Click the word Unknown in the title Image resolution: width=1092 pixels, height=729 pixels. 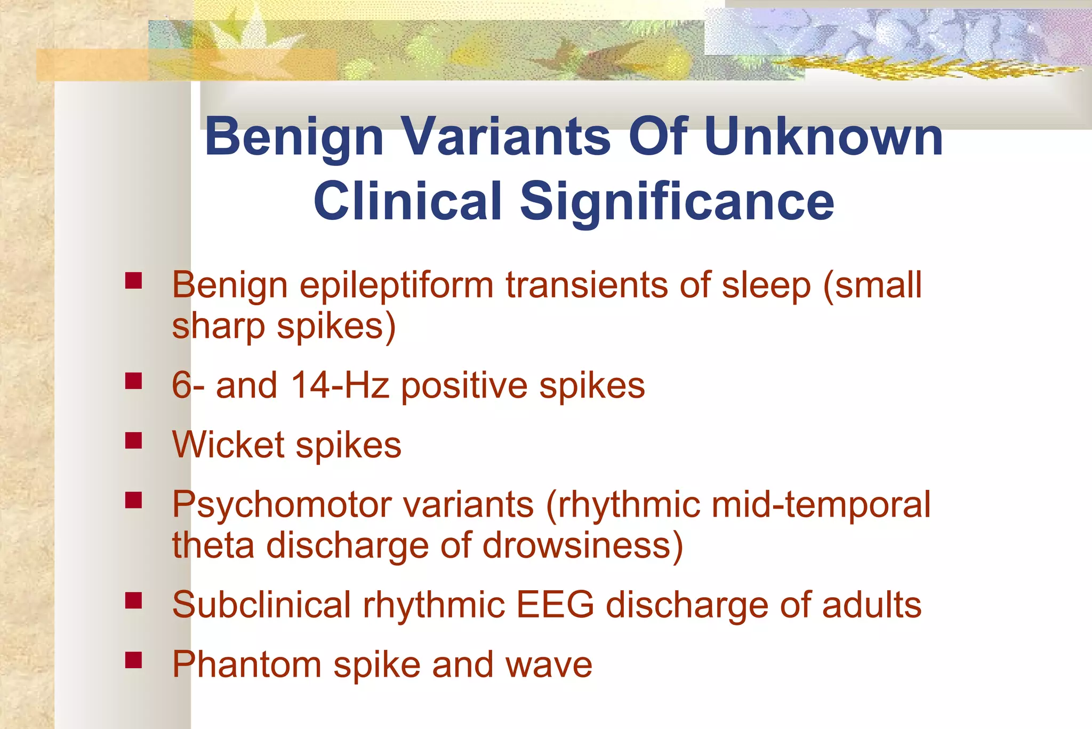pos(823,137)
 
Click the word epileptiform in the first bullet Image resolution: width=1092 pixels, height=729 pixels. pos(396,286)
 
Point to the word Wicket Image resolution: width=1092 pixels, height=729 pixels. pos(228,445)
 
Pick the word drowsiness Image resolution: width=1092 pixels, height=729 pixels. pos(582,545)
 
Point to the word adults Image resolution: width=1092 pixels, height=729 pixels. pos(872,605)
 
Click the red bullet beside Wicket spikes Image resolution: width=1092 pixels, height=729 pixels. pos(133,441)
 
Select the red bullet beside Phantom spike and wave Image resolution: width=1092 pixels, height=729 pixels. pos(133,661)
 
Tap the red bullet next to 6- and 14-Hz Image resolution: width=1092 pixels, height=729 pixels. pos(133,381)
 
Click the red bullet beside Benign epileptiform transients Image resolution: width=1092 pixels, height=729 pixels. pos(133,281)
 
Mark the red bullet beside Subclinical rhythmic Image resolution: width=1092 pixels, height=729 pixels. pos(133,601)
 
